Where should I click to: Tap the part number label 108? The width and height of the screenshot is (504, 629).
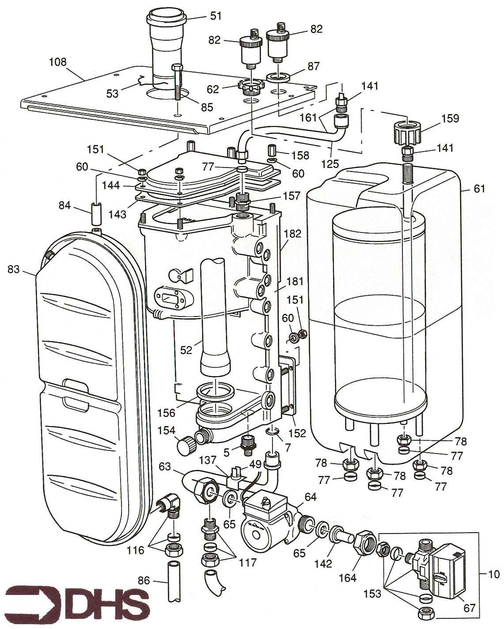pos(57,62)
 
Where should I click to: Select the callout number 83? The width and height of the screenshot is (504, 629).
pos(14,269)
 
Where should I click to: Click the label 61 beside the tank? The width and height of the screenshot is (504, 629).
pos(479,189)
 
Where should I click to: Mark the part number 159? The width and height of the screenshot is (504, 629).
pos(450,118)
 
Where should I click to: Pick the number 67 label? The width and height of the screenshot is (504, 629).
pos(469,608)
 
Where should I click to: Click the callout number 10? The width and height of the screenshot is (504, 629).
pos(494,574)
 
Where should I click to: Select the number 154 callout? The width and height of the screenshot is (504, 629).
pos(166,431)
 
